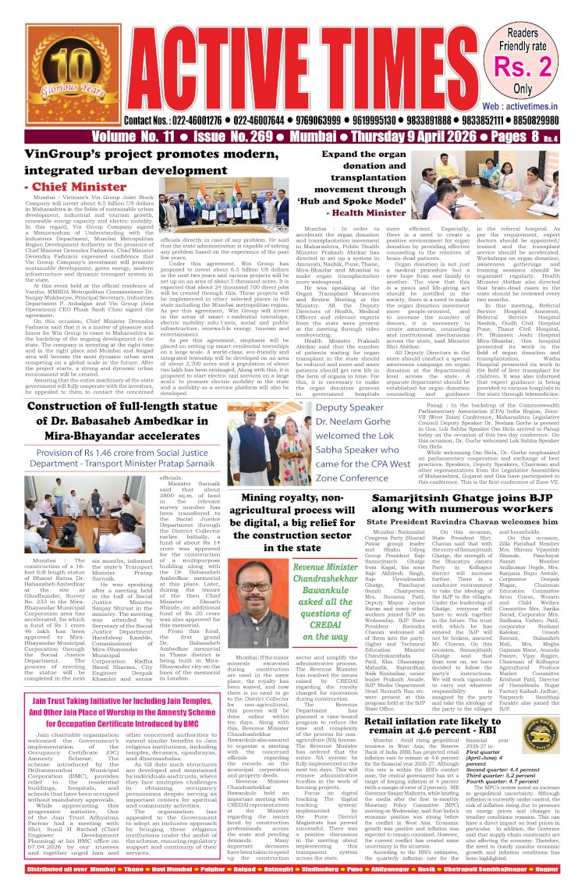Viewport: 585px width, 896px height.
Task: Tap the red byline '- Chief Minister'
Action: pyautogui.click(x=69, y=187)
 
